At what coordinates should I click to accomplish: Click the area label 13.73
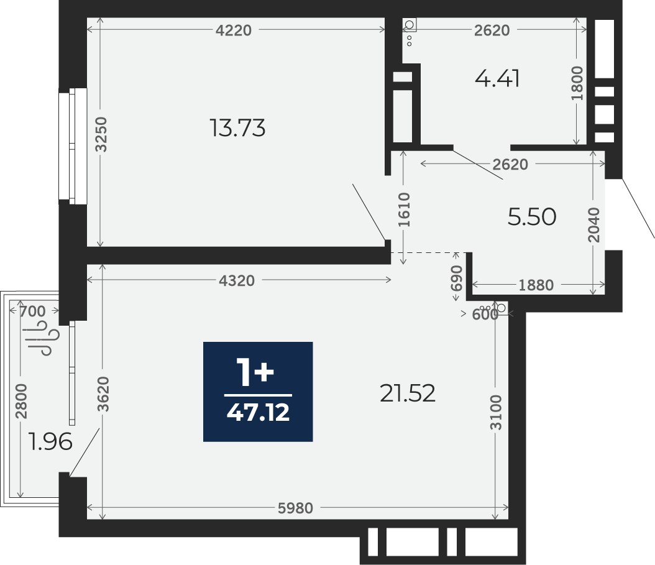coord(237,128)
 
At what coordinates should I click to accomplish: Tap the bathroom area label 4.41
coord(497,78)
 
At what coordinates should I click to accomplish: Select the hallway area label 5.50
coord(532,217)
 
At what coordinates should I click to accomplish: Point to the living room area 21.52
coord(408,393)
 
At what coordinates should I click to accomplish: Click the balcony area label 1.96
coord(50,441)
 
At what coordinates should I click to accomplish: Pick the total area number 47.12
coord(258,413)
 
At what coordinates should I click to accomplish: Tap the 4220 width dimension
coord(234,30)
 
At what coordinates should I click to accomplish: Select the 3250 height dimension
coord(101,134)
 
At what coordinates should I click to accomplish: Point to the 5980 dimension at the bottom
coord(295,508)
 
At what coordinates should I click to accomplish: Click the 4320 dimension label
coord(237,281)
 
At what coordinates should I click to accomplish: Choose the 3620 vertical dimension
coord(103,394)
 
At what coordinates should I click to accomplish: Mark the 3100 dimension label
coord(496,412)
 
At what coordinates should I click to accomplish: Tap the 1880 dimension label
coord(536,285)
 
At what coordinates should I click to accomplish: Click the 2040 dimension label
coord(593,225)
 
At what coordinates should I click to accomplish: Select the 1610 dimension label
coord(404,210)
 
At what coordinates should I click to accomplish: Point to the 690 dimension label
coord(457,278)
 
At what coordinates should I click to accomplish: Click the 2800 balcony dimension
coord(21,401)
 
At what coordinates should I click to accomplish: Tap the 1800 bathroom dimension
coord(577,83)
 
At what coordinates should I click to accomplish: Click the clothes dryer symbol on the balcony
coord(46,338)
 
